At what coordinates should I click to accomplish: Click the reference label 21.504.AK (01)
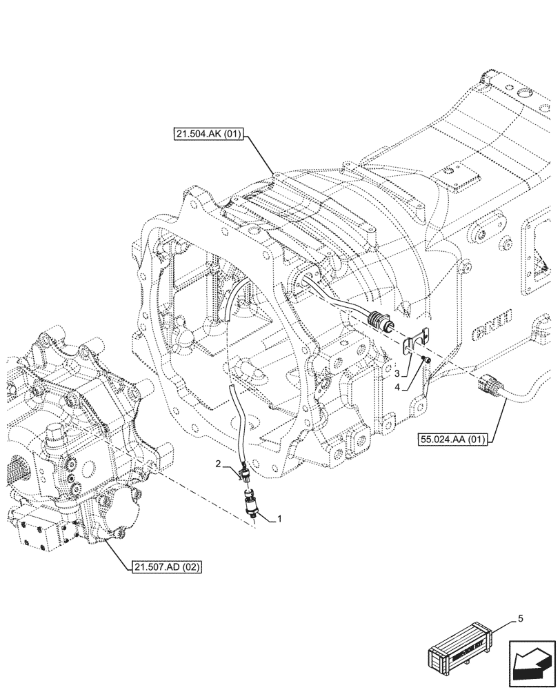(x=208, y=134)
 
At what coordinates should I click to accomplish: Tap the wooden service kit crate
(x=460, y=651)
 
